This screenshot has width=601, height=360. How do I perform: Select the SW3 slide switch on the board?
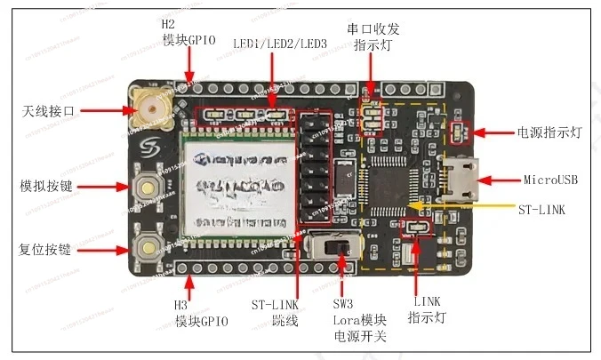point(337,250)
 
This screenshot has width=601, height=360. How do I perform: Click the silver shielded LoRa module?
point(236,188)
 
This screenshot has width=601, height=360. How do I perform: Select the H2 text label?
point(169,26)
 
